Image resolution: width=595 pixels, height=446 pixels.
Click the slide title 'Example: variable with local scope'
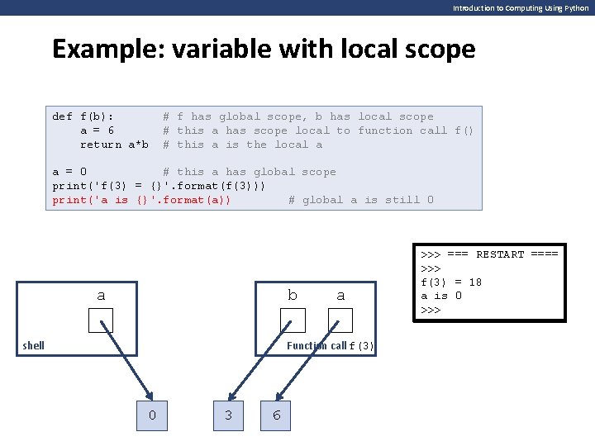264,50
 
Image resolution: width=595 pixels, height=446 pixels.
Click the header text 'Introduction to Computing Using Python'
521,7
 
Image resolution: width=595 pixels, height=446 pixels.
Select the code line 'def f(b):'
83,116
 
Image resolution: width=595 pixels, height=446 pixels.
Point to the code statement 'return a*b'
114,145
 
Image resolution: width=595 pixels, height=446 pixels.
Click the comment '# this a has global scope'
250,172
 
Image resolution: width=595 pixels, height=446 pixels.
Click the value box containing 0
152,415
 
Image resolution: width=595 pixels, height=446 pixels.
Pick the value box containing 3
228,415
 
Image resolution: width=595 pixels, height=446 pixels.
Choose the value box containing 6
277,415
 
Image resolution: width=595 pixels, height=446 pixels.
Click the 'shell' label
34,345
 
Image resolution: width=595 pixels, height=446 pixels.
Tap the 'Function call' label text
317,346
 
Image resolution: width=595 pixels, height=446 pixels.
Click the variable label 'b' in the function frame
292,295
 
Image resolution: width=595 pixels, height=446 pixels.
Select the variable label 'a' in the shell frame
101,295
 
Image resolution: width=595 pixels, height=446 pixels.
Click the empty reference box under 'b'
293,320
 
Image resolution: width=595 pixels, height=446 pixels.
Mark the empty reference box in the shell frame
100,320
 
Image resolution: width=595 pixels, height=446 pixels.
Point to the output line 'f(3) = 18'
451,282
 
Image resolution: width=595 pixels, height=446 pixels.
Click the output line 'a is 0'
441,296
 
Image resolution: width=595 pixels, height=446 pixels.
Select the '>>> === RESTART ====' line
489,254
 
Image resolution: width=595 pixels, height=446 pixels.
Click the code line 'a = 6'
97,130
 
